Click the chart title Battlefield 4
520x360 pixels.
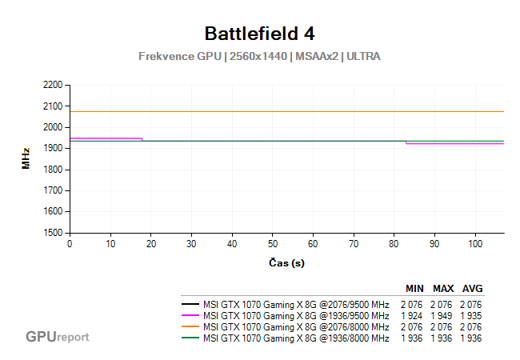pyautogui.click(x=259, y=34)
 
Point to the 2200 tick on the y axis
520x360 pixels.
pyautogui.click(x=52, y=85)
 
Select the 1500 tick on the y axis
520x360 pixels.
pyautogui.click(x=52, y=233)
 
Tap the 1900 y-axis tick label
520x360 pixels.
pyautogui.click(x=52, y=148)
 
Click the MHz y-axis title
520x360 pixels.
pyautogui.click(x=26, y=158)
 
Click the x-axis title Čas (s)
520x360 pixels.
pyautogui.click(x=286, y=263)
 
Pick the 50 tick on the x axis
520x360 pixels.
pyautogui.click(x=273, y=243)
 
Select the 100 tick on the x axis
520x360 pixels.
pyautogui.click(x=475, y=243)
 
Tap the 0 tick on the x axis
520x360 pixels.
pyautogui.click(x=70, y=243)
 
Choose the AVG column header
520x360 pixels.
pyautogui.click(x=472, y=289)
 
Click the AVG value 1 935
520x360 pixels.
pyautogui.click(x=472, y=316)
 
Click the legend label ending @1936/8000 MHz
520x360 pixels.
pyautogui.click(x=296, y=338)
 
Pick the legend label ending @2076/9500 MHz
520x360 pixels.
pyautogui.click(x=296, y=305)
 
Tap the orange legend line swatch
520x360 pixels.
pyautogui.click(x=190, y=327)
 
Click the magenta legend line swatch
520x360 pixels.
pyautogui.click(x=190, y=316)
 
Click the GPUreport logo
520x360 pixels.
pyautogui.click(x=57, y=337)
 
